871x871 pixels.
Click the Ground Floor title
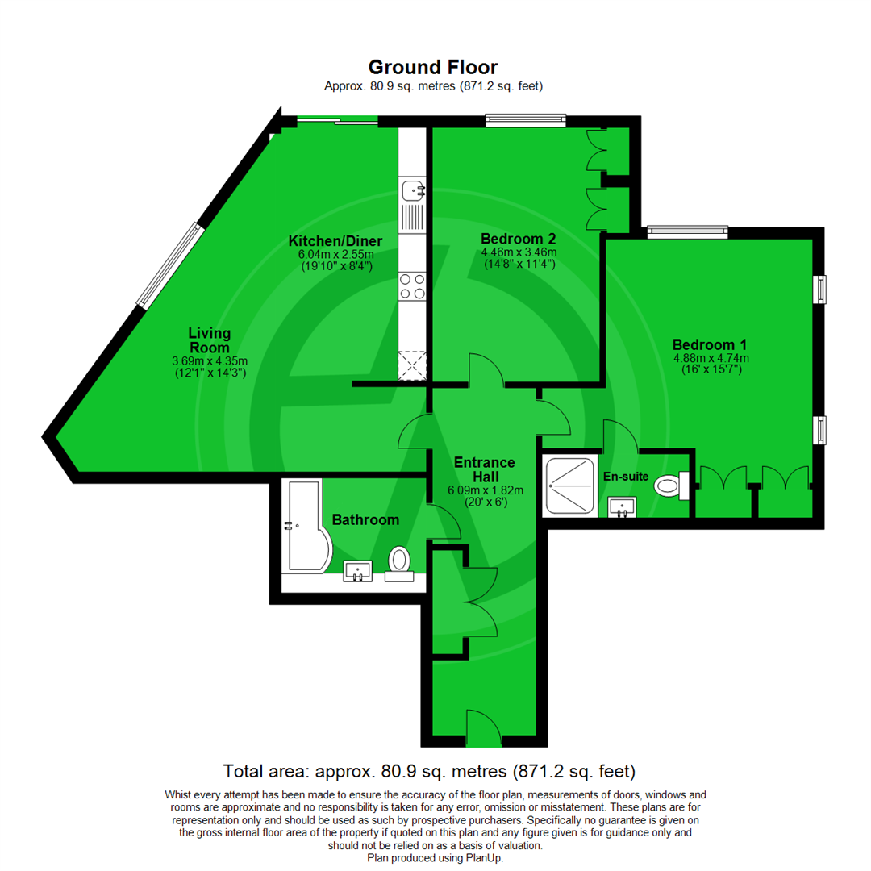(x=433, y=67)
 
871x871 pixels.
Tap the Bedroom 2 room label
(x=518, y=239)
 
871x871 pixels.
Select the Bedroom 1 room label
(x=711, y=344)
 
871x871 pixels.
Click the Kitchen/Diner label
(x=335, y=241)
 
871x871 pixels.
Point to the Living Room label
(x=210, y=340)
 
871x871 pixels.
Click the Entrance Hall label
(x=484, y=469)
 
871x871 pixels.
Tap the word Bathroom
(x=365, y=520)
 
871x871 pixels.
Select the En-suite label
(x=626, y=477)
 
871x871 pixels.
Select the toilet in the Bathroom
(x=399, y=561)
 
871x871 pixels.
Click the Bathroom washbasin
(x=357, y=570)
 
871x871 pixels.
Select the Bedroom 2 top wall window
(x=525, y=120)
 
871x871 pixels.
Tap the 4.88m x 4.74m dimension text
(x=711, y=358)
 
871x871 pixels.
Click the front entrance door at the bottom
(x=482, y=728)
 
